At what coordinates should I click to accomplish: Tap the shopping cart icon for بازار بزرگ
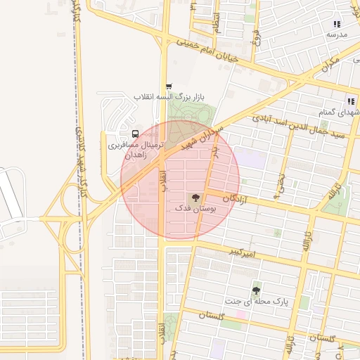167,86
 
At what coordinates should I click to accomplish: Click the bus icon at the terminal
135,134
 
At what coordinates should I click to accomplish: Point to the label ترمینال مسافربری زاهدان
135,149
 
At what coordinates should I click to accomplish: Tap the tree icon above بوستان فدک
195,198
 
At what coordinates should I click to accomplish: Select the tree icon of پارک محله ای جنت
256,290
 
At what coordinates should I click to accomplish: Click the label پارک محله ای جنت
257,301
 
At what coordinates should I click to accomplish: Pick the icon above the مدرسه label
336,23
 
